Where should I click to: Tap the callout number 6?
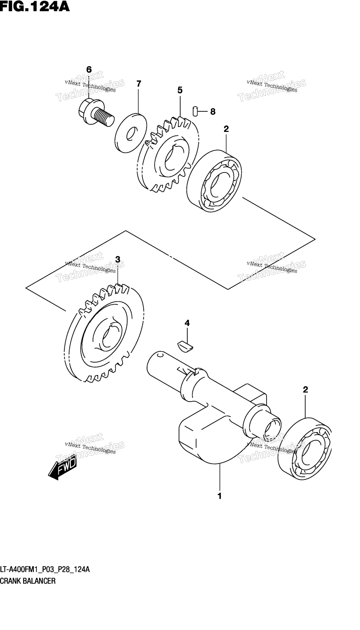point(89,70)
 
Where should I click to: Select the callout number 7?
point(139,84)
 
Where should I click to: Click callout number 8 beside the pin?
point(213,112)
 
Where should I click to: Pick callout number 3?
point(118,259)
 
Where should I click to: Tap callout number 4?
point(187,323)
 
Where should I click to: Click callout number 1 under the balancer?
point(220,496)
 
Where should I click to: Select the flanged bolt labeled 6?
point(96,112)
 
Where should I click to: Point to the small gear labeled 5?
point(168,154)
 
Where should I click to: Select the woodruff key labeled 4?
point(185,345)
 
